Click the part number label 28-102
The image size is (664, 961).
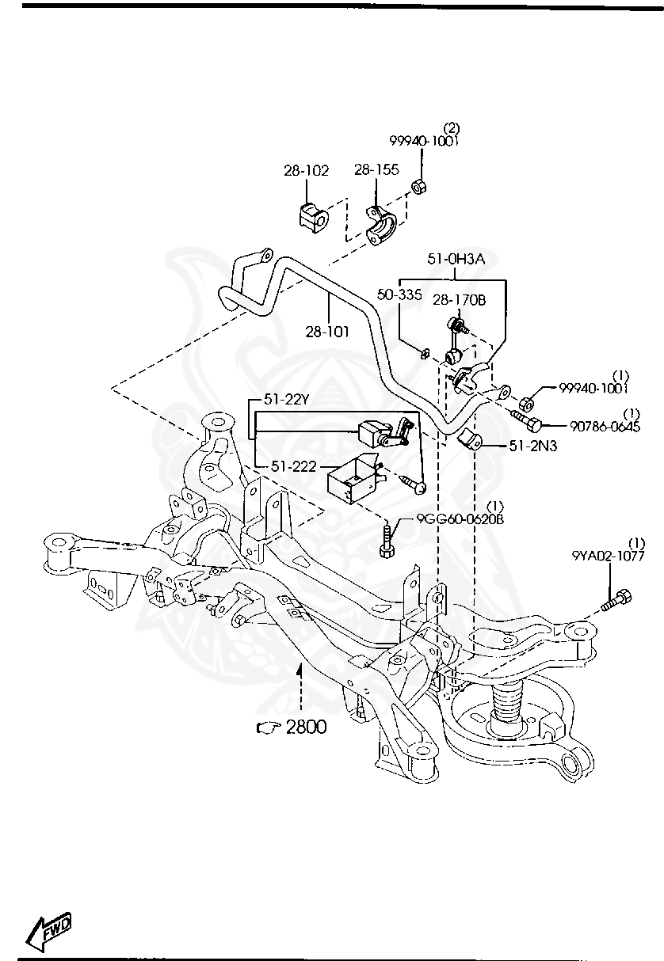(306, 170)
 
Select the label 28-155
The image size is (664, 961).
(376, 170)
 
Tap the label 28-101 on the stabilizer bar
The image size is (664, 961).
(327, 332)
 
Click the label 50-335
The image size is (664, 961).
(399, 294)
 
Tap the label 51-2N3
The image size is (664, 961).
(532, 446)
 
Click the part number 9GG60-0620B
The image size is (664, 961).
(461, 519)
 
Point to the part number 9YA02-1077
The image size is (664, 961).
(608, 556)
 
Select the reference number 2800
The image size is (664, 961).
(305, 727)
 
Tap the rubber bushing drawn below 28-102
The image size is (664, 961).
(312, 217)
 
